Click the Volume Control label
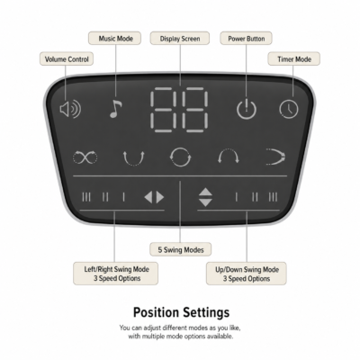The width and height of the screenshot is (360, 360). pyautogui.click(x=67, y=59)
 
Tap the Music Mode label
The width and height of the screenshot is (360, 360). pyautogui.click(x=114, y=39)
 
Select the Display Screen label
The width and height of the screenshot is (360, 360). pyautogui.click(x=180, y=39)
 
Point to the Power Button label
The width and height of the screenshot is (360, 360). pyautogui.click(x=246, y=39)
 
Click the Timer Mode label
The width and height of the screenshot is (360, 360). pyautogui.click(x=294, y=59)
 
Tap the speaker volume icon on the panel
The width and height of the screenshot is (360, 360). pyautogui.click(x=70, y=109)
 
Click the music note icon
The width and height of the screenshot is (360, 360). pyautogui.click(x=115, y=109)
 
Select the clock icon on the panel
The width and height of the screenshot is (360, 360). pyautogui.click(x=289, y=109)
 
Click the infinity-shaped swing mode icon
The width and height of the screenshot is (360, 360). pyautogui.click(x=85, y=157)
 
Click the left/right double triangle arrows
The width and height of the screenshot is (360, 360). pyautogui.click(x=154, y=197)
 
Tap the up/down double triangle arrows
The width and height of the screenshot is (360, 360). pyautogui.click(x=205, y=197)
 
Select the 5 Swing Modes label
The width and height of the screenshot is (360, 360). pyautogui.click(x=181, y=249)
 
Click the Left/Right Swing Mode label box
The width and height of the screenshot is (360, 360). pyautogui.click(x=116, y=274)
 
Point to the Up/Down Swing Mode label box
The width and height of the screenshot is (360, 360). pyautogui.click(x=247, y=274)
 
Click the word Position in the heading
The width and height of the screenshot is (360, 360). pyautogui.click(x=156, y=312)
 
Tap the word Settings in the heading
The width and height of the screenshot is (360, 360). pyautogui.click(x=206, y=312)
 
